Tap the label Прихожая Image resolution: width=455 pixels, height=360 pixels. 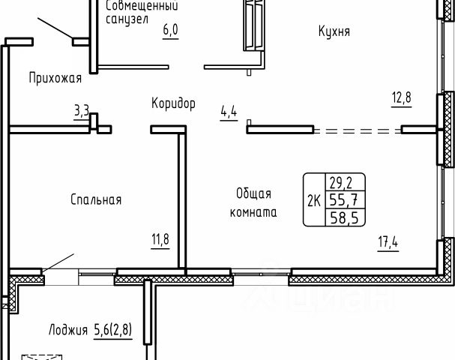coord(55,76)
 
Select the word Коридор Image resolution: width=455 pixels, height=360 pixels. coord(172,103)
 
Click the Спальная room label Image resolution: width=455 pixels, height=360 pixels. coord(96,199)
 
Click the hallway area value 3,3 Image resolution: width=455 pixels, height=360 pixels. coord(82,112)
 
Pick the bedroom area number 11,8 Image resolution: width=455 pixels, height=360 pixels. coord(161,240)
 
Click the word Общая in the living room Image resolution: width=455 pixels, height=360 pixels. coord(253,193)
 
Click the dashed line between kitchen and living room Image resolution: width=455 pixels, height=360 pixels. coord(358,130)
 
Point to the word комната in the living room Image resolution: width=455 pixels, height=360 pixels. coord(253,212)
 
